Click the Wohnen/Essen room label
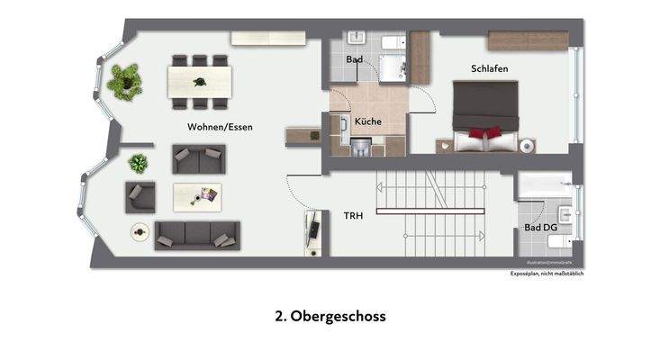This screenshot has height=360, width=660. coord(220,127)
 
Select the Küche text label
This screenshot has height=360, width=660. coord(367,121)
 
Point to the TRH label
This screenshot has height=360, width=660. coord(352,216)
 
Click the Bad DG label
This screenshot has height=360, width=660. coord(540,229)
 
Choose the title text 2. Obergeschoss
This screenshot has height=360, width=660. coord(330,317)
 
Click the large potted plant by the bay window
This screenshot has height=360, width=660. coord(124,81)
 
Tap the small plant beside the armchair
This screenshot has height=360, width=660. coord(138,164)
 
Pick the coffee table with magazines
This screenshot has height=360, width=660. coord(198,195)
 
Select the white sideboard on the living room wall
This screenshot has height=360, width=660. coord(269,37)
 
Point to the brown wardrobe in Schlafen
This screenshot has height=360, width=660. coord(528,40)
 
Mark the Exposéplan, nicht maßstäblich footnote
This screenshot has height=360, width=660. coord(547,274)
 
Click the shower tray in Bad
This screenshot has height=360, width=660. coord(392,67)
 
